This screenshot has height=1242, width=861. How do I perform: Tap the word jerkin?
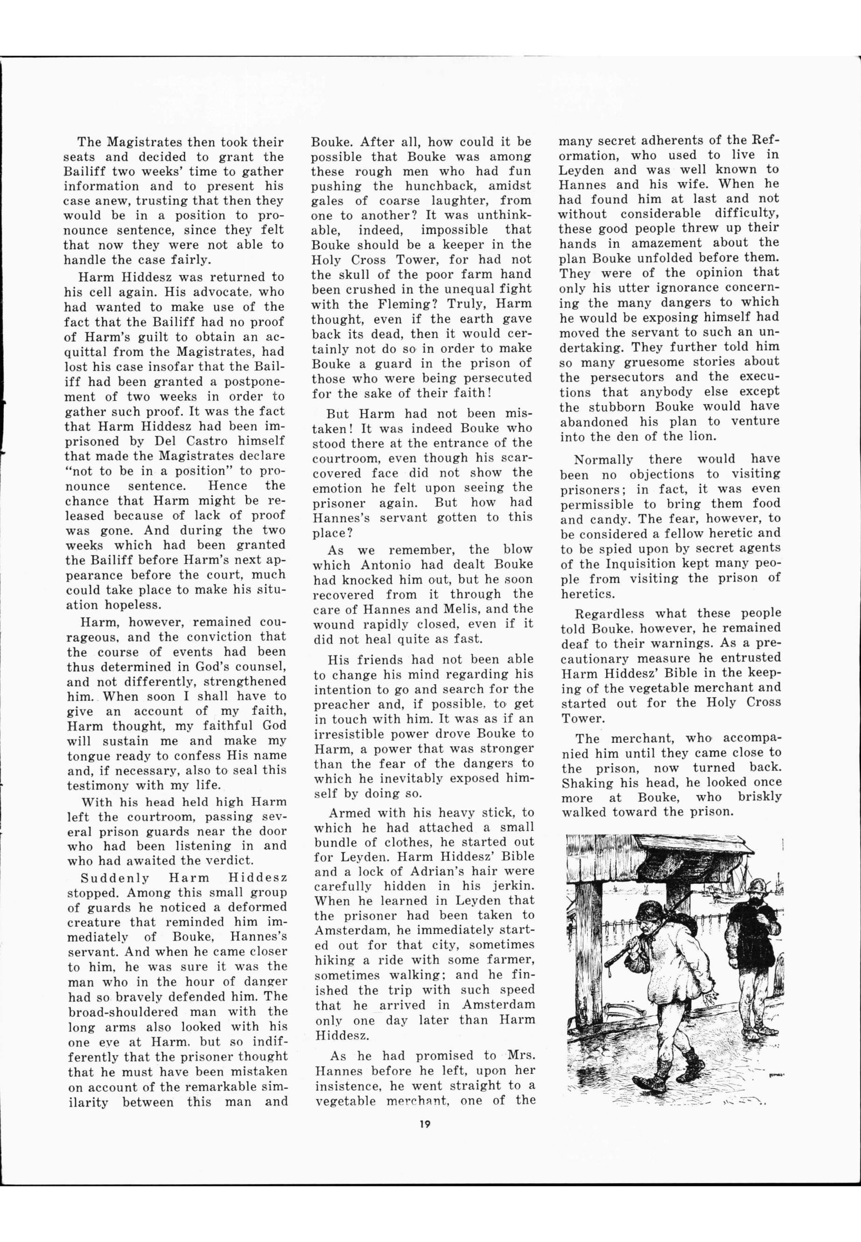[x=513, y=886]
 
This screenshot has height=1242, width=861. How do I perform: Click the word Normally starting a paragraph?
[x=602, y=460]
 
